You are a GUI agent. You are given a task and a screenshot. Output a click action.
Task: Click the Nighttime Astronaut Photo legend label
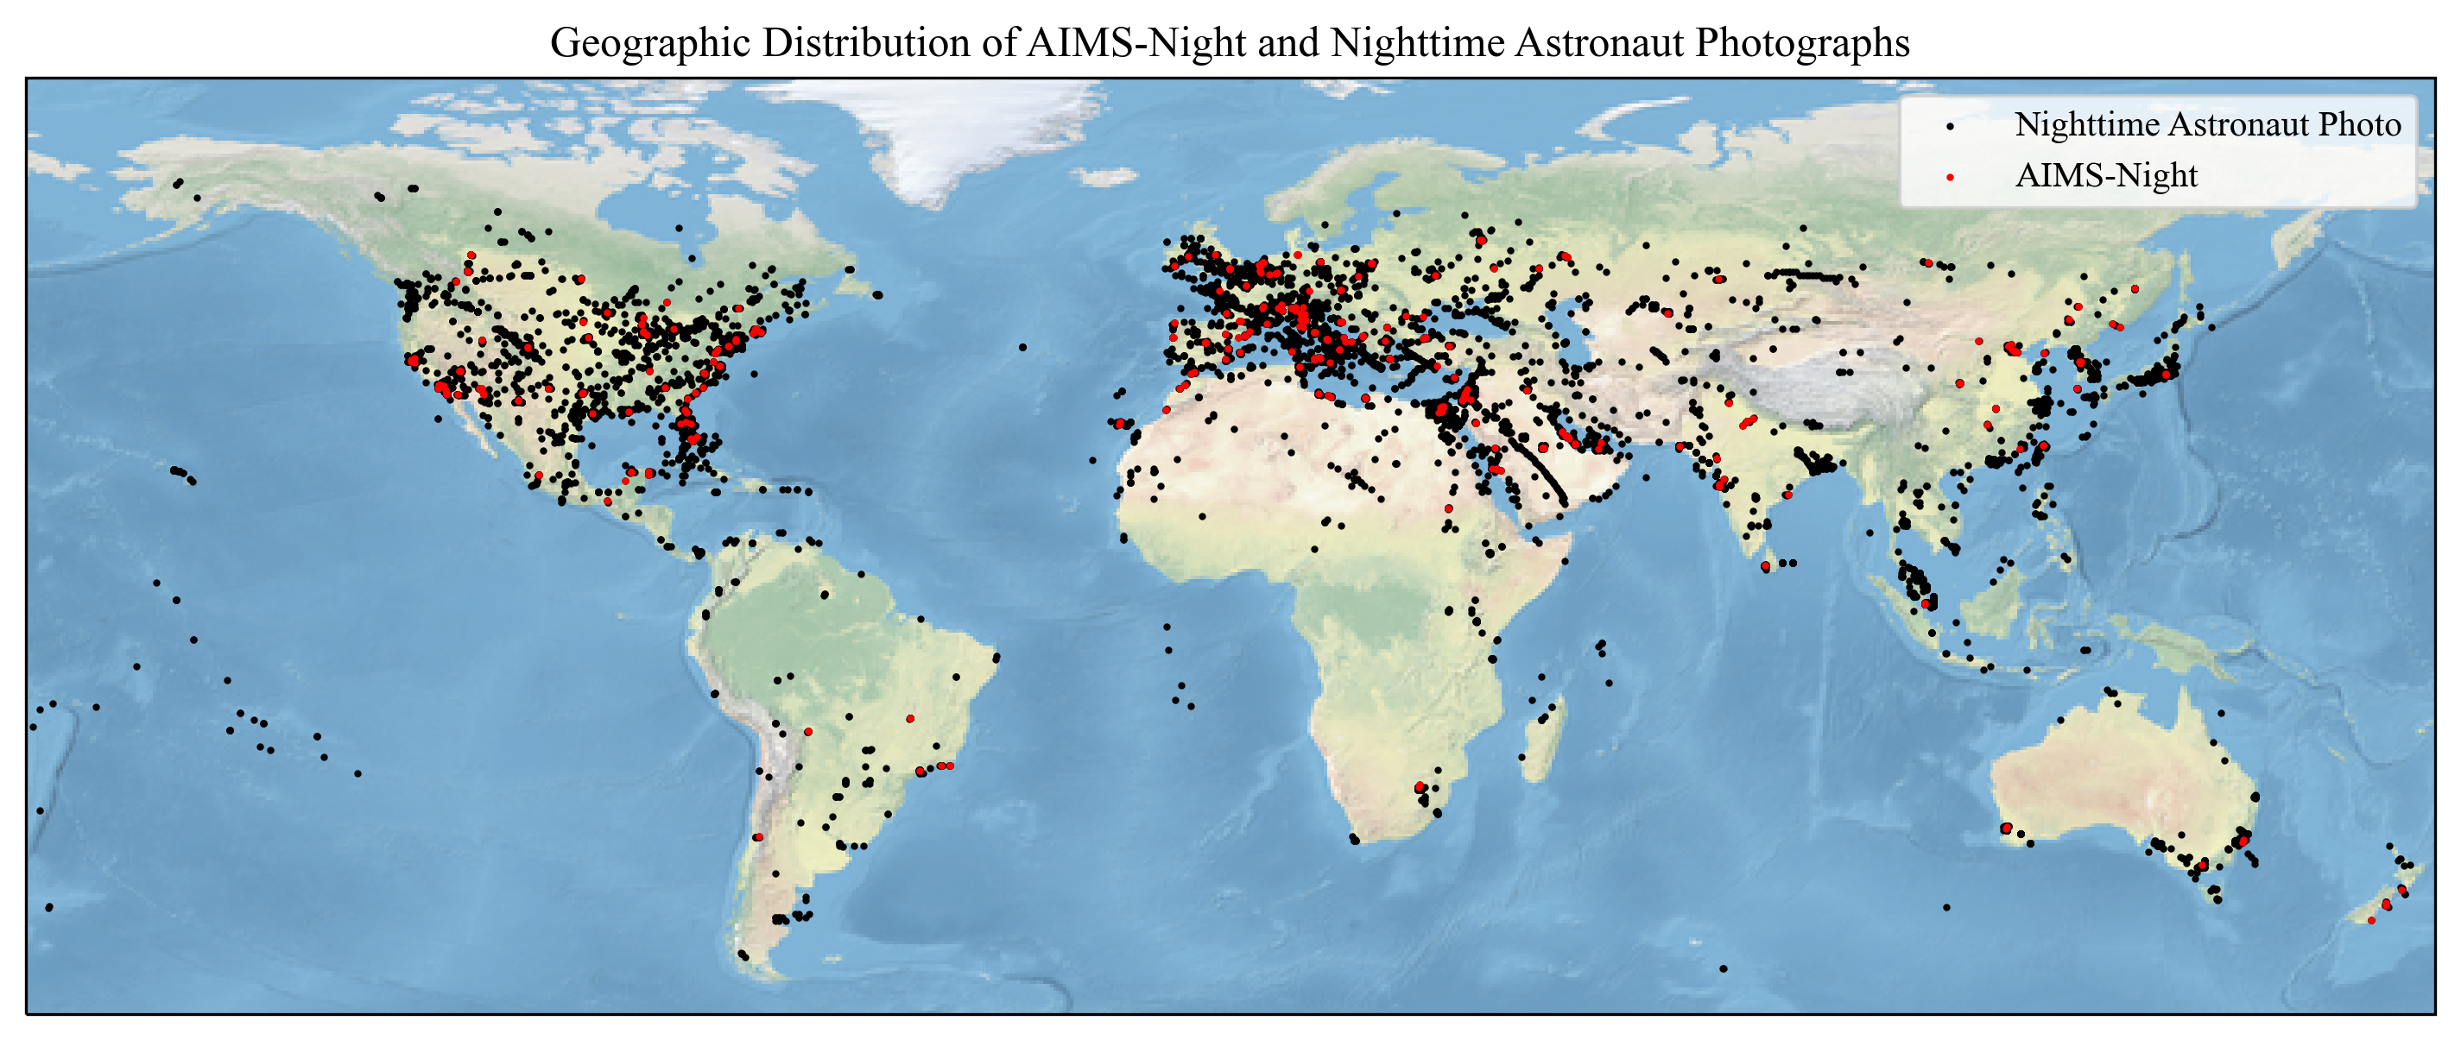[2207, 124]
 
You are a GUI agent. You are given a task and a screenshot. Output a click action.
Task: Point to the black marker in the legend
[1950, 126]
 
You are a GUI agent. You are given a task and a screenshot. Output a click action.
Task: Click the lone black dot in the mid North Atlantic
[1022, 348]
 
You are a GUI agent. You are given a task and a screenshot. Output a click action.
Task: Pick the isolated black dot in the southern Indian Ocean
[1946, 907]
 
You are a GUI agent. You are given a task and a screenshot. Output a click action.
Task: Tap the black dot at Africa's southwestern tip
[1355, 840]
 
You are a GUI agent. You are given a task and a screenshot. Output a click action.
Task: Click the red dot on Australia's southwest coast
[2006, 828]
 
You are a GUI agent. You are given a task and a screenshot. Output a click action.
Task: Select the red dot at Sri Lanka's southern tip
[1766, 567]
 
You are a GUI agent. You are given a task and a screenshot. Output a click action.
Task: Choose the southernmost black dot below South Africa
[1723, 968]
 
